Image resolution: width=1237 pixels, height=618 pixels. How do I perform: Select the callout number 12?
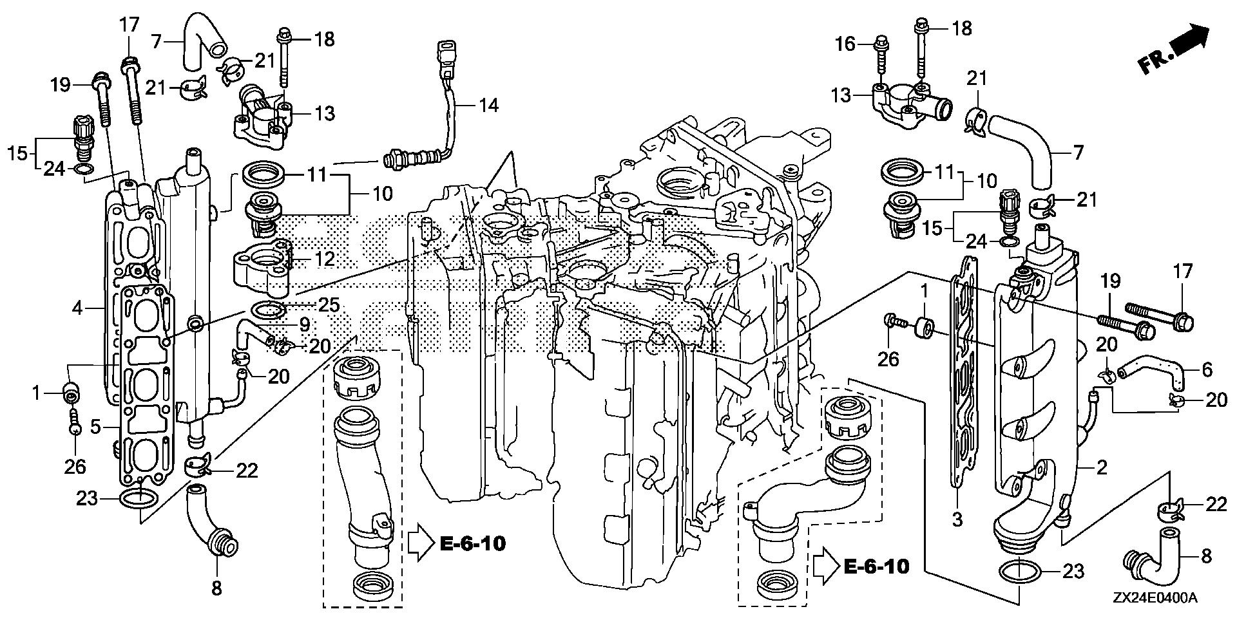(325, 259)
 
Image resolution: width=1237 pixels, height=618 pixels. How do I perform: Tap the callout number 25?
(328, 304)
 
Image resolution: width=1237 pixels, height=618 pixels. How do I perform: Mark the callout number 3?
(957, 519)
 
